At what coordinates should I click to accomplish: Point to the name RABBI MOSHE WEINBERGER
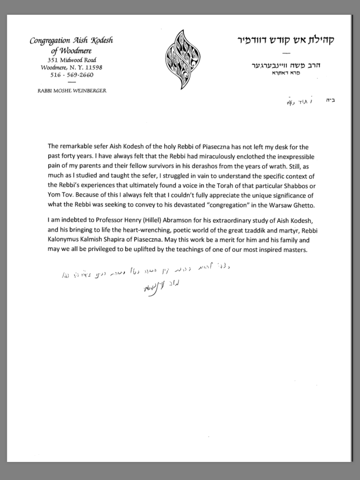71,90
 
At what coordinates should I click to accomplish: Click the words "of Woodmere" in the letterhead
71,50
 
